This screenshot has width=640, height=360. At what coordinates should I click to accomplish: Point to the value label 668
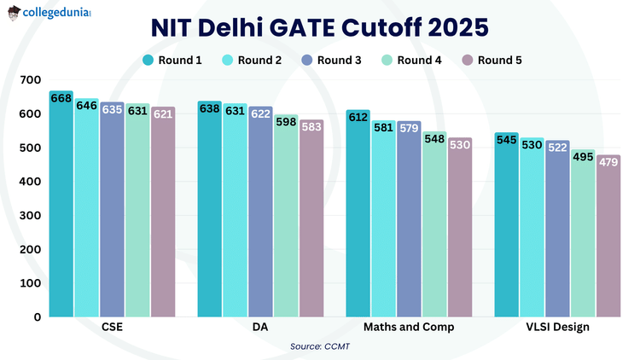click(61, 98)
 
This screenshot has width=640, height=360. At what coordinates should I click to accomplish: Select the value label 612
click(358, 118)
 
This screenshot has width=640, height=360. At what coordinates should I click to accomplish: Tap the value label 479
click(608, 162)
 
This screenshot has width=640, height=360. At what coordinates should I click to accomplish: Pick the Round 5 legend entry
click(490, 60)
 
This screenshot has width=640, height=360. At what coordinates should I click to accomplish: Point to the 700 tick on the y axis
click(30, 79)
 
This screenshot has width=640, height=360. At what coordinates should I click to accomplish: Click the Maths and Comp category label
click(409, 328)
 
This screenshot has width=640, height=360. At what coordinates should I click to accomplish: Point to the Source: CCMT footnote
click(320, 346)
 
